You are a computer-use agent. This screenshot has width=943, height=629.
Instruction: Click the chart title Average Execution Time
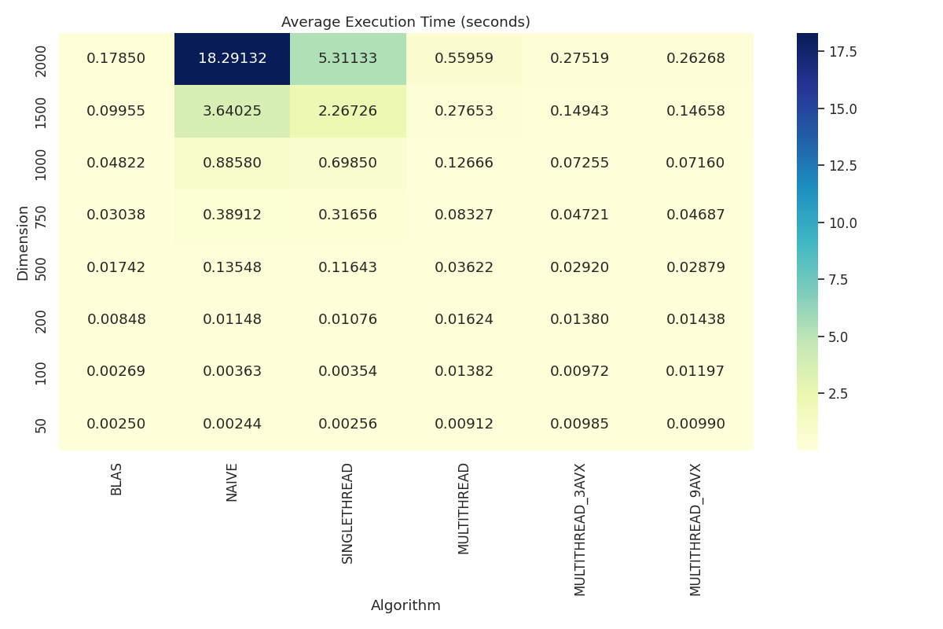(x=405, y=22)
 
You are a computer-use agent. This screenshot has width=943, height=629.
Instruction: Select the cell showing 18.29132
(x=232, y=59)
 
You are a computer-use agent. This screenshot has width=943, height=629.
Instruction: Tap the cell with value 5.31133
(x=347, y=59)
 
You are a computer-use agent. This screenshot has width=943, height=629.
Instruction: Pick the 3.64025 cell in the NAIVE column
(x=232, y=111)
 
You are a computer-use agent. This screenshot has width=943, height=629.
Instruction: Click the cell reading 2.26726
(x=347, y=111)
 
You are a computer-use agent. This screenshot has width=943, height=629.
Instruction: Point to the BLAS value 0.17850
(x=116, y=59)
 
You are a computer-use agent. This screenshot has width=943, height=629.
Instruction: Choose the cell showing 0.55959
(x=464, y=59)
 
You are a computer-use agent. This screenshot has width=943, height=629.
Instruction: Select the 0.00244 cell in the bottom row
(x=232, y=424)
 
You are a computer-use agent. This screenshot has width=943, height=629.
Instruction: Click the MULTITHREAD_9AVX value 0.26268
(x=695, y=59)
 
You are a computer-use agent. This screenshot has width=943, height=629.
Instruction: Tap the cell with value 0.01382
(x=464, y=371)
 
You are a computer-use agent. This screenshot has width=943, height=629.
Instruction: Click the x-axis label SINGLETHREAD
(x=347, y=513)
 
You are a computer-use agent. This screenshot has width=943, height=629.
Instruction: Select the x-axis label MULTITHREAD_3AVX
(x=579, y=529)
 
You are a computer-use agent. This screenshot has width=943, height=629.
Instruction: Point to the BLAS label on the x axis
(x=116, y=479)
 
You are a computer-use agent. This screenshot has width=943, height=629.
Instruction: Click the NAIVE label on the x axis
(x=232, y=482)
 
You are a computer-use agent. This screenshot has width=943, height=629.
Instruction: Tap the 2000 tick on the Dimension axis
(x=42, y=60)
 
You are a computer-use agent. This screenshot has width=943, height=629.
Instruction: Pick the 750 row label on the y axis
(x=42, y=215)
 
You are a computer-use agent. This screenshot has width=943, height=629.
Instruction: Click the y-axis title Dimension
(x=23, y=242)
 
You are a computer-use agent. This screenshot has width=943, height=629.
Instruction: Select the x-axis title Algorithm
(x=405, y=605)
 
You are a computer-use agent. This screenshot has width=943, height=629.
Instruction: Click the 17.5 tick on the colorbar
(x=842, y=52)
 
